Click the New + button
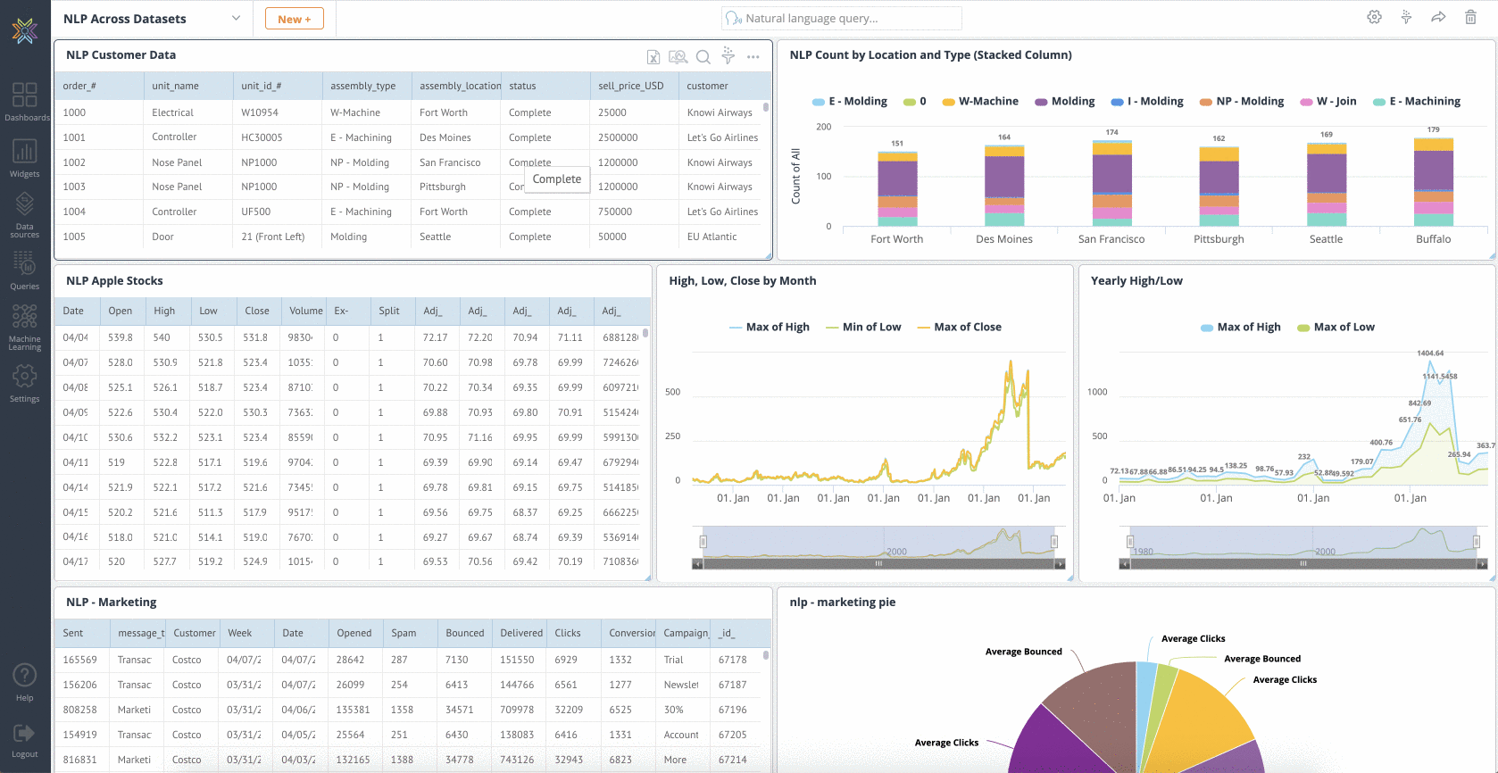pos(294,19)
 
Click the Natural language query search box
pos(841,18)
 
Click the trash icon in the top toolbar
pos(1470,17)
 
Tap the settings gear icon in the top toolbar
pos(1374,17)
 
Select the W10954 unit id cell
pos(260,112)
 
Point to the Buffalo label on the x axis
pos(1433,239)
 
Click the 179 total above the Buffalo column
pos(1433,130)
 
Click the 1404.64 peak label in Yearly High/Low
pos(1429,353)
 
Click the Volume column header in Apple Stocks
pos(305,311)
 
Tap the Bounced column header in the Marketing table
pos(464,633)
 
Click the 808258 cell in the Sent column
pos(80,710)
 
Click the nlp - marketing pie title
pos(842,603)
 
